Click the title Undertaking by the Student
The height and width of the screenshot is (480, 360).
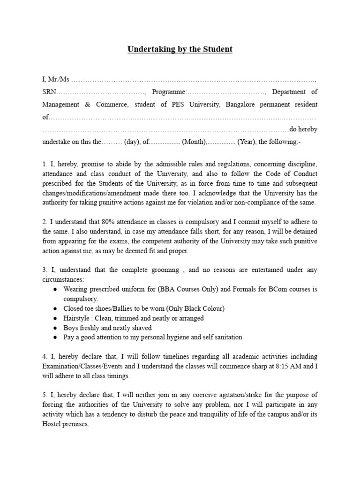coord(180,49)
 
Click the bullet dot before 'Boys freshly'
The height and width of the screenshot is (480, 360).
coord(55,328)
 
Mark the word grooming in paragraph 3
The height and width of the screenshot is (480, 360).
coord(164,270)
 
